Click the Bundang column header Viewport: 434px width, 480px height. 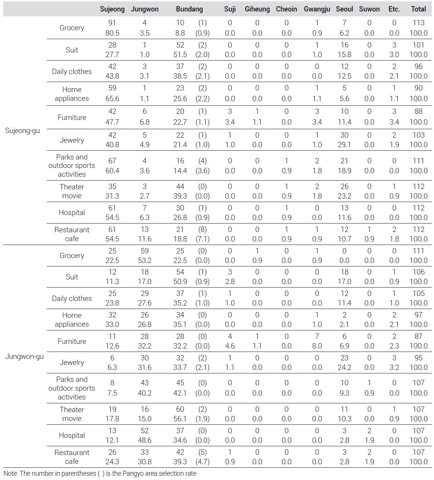pyautogui.click(x=189, y=9)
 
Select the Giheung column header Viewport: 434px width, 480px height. pyautogui.click(x=257, y=9)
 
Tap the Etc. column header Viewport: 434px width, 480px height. pyautogui.click(x=394, y=9)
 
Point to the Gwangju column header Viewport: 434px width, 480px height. pyautogui.click(x=317, y=9)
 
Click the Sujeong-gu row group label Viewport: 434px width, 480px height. pyautogui.click(x=23, y=131)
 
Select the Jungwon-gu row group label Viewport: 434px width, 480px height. pyautogui.click(x=25, y=357)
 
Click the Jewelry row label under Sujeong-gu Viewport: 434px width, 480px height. pyautogui.click(x=72, y=140)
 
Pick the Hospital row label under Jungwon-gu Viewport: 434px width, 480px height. pyautogui.click(x=72, y=435)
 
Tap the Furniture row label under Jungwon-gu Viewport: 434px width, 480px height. pyautogui.click(x=72, y=341)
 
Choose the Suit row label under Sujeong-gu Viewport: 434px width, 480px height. pyautogui.click(x=72, y=50)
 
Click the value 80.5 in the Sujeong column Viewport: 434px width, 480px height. pyautogui.click(x=112, y=33)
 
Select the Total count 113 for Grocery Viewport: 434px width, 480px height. pyautogui.click(x=418, y=23)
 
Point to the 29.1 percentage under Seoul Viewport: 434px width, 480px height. pyautogui.click(x=344, y=145)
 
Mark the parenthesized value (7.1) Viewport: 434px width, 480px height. pyautogui.click(x=202, y=239)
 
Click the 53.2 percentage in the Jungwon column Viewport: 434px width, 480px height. pyautogui.click(x=145, y=260)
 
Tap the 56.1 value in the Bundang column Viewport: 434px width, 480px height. pyautogui.click(x=180, y=419)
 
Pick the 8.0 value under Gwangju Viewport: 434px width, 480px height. pyautogui.click(x=317, y=346)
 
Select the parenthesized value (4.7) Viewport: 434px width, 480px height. pyautogui.click(x=202, y=462)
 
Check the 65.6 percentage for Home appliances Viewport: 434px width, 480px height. pyautogui.click(x=112, y=99)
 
